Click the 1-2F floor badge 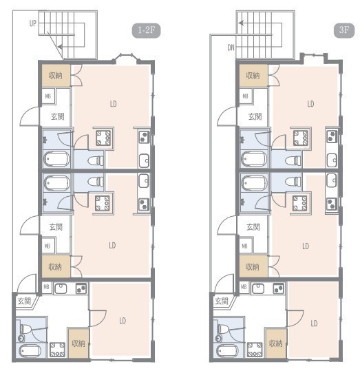pos(146,30)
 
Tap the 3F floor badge pos(344,30)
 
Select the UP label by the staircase pos(32,23)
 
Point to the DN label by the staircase pos(231,47)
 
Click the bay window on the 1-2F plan pos(126,59)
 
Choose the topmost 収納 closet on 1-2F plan pos(56,76)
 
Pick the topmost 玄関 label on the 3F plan pos(255,116)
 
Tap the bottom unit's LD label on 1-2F pos(123,321)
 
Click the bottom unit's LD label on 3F pos(314,324)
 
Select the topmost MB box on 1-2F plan pos(48,96)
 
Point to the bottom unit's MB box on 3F pos(244,287)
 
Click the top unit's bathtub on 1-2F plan pos(57,159)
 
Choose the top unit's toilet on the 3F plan pos(293,161)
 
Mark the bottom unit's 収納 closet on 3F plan pos(276,343)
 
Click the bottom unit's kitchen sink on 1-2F pos(61,288)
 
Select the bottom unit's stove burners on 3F pos(278,288)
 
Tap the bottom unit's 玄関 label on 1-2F pos(24,301)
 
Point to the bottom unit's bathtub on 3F pos(226,351)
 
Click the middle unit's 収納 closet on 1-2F pos(56,266)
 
